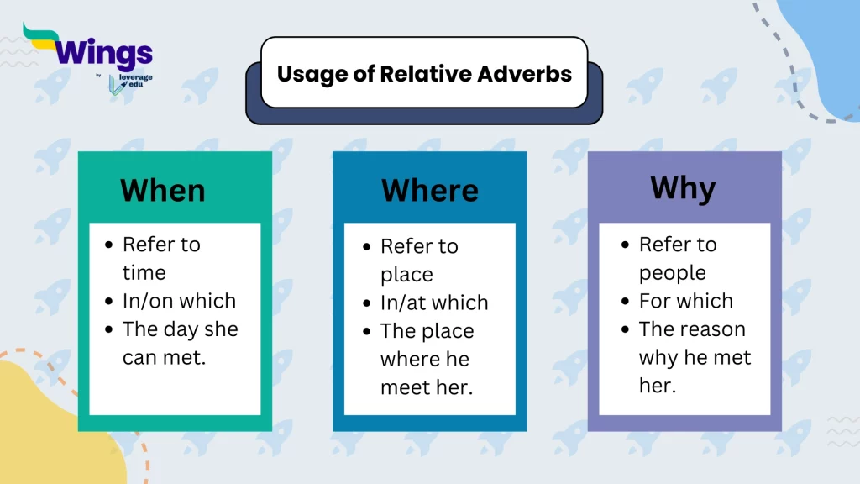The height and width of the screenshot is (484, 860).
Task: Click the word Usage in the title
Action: (x=309, y=74)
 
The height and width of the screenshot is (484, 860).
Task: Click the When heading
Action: (x=162, y=190)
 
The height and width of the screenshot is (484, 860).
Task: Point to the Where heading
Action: (x=429, y=190)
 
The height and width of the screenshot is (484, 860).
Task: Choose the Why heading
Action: (x=682, y=188)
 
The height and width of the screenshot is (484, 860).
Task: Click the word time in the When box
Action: (x=144, y=272)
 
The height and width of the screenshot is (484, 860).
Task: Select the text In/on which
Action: (x=179, y=301)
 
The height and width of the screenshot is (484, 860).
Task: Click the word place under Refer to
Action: (x=406, y=275)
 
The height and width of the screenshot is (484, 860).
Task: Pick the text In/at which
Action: (x=433, y=302)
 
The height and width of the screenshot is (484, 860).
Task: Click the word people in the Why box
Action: (x=672, y=272)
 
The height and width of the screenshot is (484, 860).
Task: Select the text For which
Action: (x=685, y=301)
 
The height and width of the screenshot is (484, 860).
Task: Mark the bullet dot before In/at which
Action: (x=366, y=303)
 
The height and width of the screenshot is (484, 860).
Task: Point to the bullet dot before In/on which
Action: (x=108, y=302)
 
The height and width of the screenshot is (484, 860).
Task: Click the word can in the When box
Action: (x=139, y=358)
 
